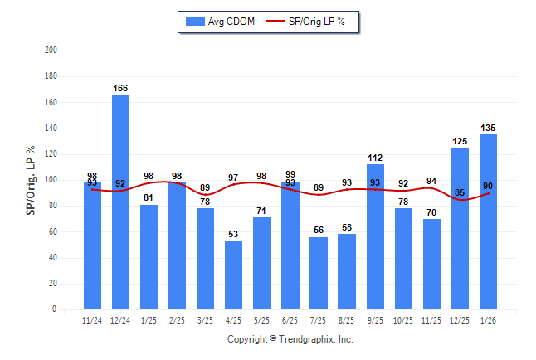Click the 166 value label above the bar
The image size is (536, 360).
(x=120, y=88)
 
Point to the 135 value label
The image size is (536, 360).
(x=488, y=128)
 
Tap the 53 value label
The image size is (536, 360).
(x=233, y=234)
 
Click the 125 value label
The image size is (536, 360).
(x=460, y=141)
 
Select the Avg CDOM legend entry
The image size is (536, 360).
(x=221, y=22)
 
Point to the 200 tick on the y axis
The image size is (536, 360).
(x=51, y=51)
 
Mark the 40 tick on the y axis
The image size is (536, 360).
(x=52, y=258)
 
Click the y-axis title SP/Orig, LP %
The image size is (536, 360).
(x=31, y=180)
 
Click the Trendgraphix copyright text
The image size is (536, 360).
(x=290, y=339)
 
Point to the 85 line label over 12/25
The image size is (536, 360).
(x=460, y=192)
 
